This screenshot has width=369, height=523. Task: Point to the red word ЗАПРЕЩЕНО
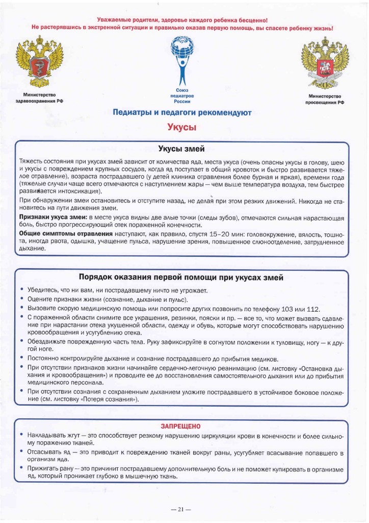[x=181, y=425]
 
